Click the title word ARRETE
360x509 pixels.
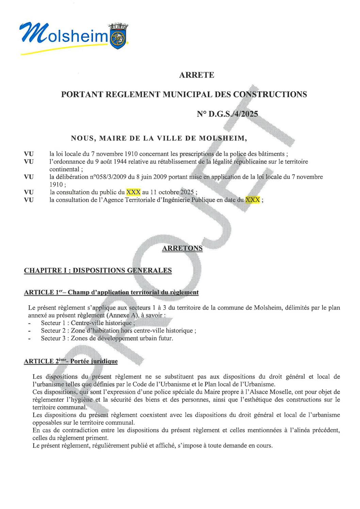click(x=197, y=75)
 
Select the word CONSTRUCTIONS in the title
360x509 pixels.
click(x=270, y=94)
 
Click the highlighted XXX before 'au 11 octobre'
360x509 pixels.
click(x=133, y=192)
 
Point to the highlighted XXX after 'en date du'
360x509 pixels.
click(x=253, y=200)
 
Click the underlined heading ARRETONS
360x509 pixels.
click(x=182, y=248)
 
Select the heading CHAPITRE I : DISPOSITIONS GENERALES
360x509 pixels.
click(x=98, y=270)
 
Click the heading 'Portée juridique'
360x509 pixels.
click(x=94, y=361)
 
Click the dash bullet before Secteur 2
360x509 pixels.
click(x=30, y=331)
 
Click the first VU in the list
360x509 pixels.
click(x=29, y=154)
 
